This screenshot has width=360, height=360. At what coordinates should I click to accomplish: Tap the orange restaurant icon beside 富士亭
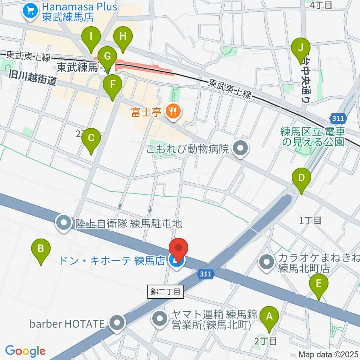coord(173,111)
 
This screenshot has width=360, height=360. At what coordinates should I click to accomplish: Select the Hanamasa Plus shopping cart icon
coord(30,12)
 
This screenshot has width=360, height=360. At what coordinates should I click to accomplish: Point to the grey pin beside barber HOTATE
coord(118,322)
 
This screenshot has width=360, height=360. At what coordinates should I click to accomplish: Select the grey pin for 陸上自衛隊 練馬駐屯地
coord(64,223)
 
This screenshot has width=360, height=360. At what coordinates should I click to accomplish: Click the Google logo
coord(25,351)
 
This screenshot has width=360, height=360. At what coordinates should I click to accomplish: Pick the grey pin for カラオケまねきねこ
coord(267,262)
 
